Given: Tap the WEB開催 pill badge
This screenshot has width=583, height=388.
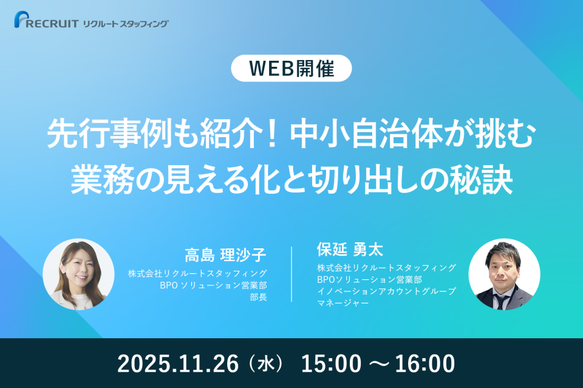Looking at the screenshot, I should click(291, 69).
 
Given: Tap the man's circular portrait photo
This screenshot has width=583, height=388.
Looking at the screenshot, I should click(504, 274).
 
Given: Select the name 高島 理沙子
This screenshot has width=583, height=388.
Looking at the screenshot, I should click(226, 254).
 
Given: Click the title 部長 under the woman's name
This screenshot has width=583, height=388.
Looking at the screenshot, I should click(259, 298).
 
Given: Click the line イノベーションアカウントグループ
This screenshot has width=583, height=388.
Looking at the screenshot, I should click(386, 291).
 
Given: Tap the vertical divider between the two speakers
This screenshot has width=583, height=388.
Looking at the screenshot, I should click(292, 274).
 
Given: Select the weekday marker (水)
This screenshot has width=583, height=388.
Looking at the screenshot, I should click(265, 364).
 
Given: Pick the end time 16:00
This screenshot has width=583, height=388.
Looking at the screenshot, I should click(425, 364).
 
